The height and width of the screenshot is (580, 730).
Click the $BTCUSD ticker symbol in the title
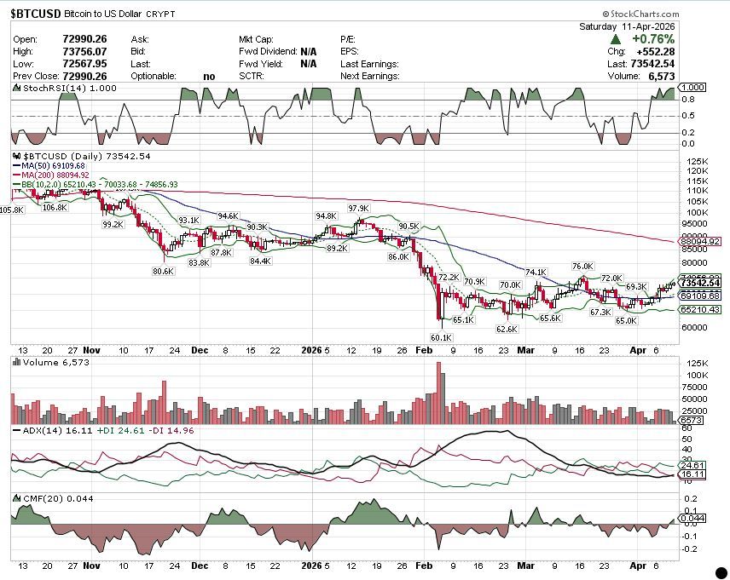click(x=35, y=14)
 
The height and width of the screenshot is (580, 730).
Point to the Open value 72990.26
click(x=84, y=39)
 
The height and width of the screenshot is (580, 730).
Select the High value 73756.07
click(x=84, y=51)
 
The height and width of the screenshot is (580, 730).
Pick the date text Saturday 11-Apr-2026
click(x=627, y=26)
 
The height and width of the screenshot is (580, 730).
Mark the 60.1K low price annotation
click(x=440, y=337)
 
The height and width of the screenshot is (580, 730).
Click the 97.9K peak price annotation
click(x=358, y=208)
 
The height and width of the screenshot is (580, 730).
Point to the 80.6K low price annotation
click(x=163, y=271)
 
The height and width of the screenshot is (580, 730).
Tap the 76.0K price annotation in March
click(x=582, y=266)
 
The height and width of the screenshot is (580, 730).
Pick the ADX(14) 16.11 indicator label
click(x=43, y=431)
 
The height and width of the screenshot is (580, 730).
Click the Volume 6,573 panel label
click(x=43, y=362)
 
